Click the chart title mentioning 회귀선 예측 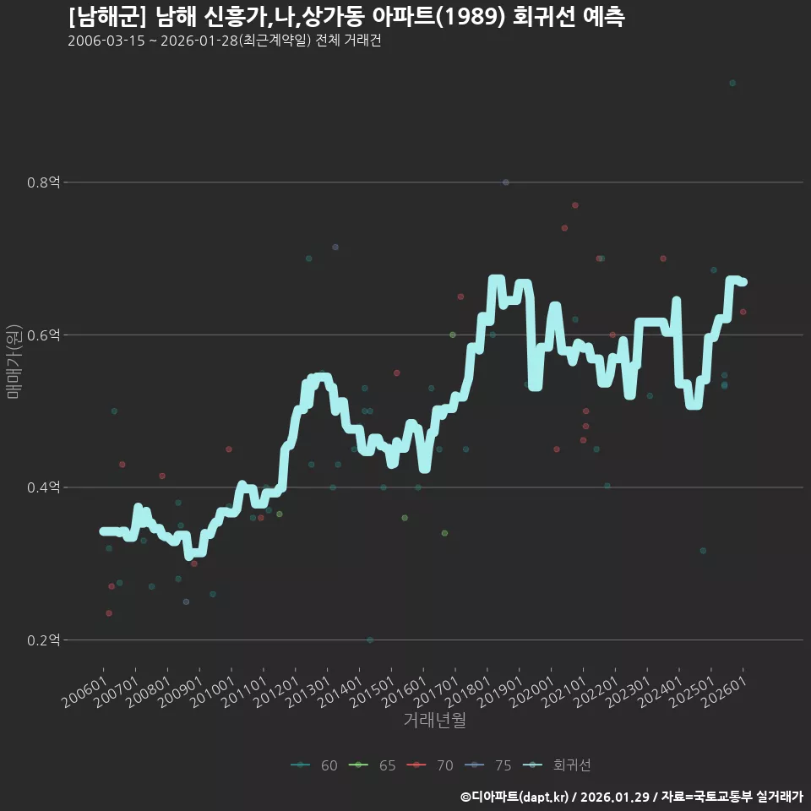pyautogui.click(x=346, y=17)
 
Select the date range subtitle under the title pyautogui.click(x=224, y=41)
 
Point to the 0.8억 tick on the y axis pyautogui.click(x=43, y=182)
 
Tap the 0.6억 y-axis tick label pyautogui.click(x=43, y=335)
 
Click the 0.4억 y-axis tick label pyautogui.click(x=43, y=487)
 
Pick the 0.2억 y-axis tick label pyautogui.click(x=43, y=640)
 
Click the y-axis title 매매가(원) pyautogui.click(x=14, y=361)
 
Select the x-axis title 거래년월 pyautogui.click(x=434, y=721)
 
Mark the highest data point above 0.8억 pyautogui.click(x=732, y=83)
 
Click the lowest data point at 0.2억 pyautogui.click(x=370, y=640)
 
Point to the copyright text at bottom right pyautogui.click(x=631, y=797)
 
